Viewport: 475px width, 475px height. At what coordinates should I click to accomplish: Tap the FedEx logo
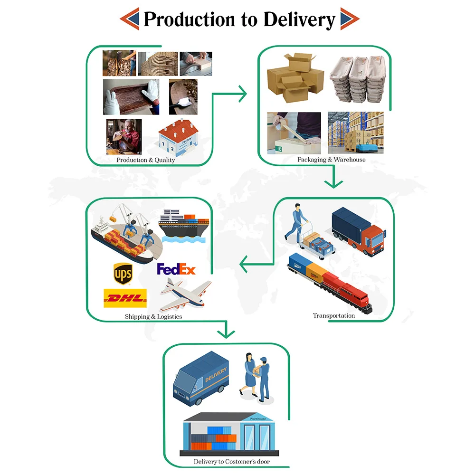click(176, 269)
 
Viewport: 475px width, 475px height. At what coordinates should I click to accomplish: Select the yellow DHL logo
click(125, 298)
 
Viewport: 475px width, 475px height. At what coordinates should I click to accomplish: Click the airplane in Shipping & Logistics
click(185, 294)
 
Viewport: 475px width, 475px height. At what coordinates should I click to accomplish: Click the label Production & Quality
click(145, 160)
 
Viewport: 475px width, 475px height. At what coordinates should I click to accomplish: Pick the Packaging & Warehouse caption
click(331, 160)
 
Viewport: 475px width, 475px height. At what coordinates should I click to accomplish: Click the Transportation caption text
click(333, 315)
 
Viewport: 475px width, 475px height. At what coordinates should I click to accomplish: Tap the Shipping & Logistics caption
click(153, 316)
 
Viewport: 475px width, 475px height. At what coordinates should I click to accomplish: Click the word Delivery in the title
click(299, 19)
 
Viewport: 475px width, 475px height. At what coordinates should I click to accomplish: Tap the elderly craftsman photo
click(123, 136)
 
